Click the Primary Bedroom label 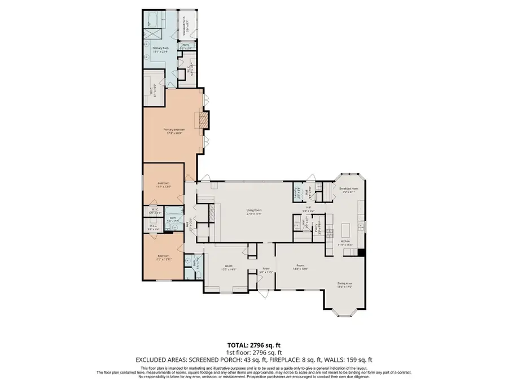(x=172, y=132)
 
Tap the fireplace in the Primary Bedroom (x=203, y=120)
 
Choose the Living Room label (x=253, y=212)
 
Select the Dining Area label (x=345, y=285)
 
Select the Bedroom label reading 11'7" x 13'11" (x=163, y=259)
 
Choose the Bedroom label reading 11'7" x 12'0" (x=163, y=185)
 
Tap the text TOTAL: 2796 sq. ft (x=253, y=344)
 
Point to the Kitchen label (x=345, y=243)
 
